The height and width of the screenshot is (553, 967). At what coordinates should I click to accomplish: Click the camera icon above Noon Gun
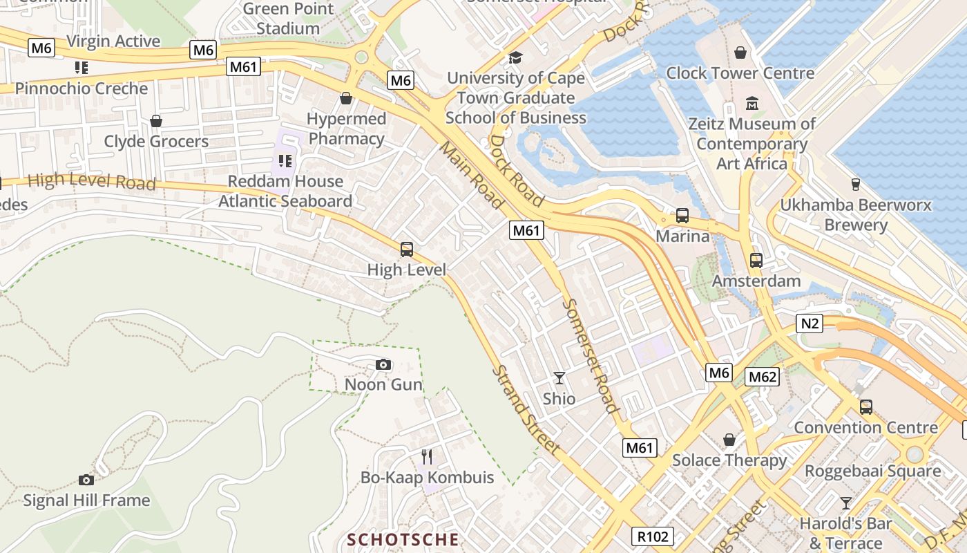383,364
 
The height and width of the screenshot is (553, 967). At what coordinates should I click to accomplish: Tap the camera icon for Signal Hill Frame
86,480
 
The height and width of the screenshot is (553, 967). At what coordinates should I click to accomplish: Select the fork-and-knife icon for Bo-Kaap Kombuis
427,456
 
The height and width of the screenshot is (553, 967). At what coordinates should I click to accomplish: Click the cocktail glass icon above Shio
559,378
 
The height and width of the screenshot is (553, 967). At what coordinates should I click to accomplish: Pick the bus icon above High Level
407,249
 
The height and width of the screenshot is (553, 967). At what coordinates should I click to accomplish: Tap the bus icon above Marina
682,216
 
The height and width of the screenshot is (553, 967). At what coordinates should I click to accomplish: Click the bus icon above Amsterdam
756,261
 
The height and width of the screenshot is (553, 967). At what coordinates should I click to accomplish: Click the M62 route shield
763,377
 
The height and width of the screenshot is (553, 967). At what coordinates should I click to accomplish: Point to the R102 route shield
652,536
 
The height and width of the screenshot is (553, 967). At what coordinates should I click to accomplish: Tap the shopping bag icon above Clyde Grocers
156,121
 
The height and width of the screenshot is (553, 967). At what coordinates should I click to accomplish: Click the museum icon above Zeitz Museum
752,104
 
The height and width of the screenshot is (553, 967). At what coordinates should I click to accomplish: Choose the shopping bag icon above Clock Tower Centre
740,53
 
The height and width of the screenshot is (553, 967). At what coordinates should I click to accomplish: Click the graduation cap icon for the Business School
515,57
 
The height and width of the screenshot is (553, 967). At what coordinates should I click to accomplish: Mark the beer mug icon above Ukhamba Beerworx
856,185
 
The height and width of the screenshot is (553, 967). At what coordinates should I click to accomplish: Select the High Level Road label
91,181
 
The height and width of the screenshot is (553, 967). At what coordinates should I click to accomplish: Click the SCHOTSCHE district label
403,539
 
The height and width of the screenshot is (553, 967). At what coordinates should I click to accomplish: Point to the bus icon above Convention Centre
866,407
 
